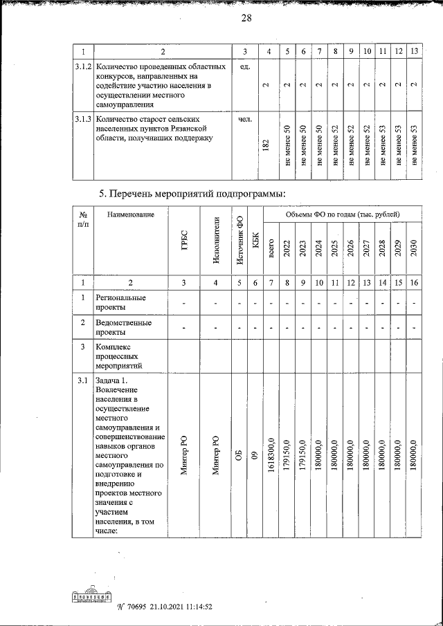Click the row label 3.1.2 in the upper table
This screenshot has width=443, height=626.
click(83, 67)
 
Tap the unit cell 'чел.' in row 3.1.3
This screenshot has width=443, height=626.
click(244, 120)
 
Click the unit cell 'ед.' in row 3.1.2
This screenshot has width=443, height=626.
click(244, 67)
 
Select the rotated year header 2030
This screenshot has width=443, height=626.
click(413, 248)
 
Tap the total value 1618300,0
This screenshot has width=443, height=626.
click(271, 458)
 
